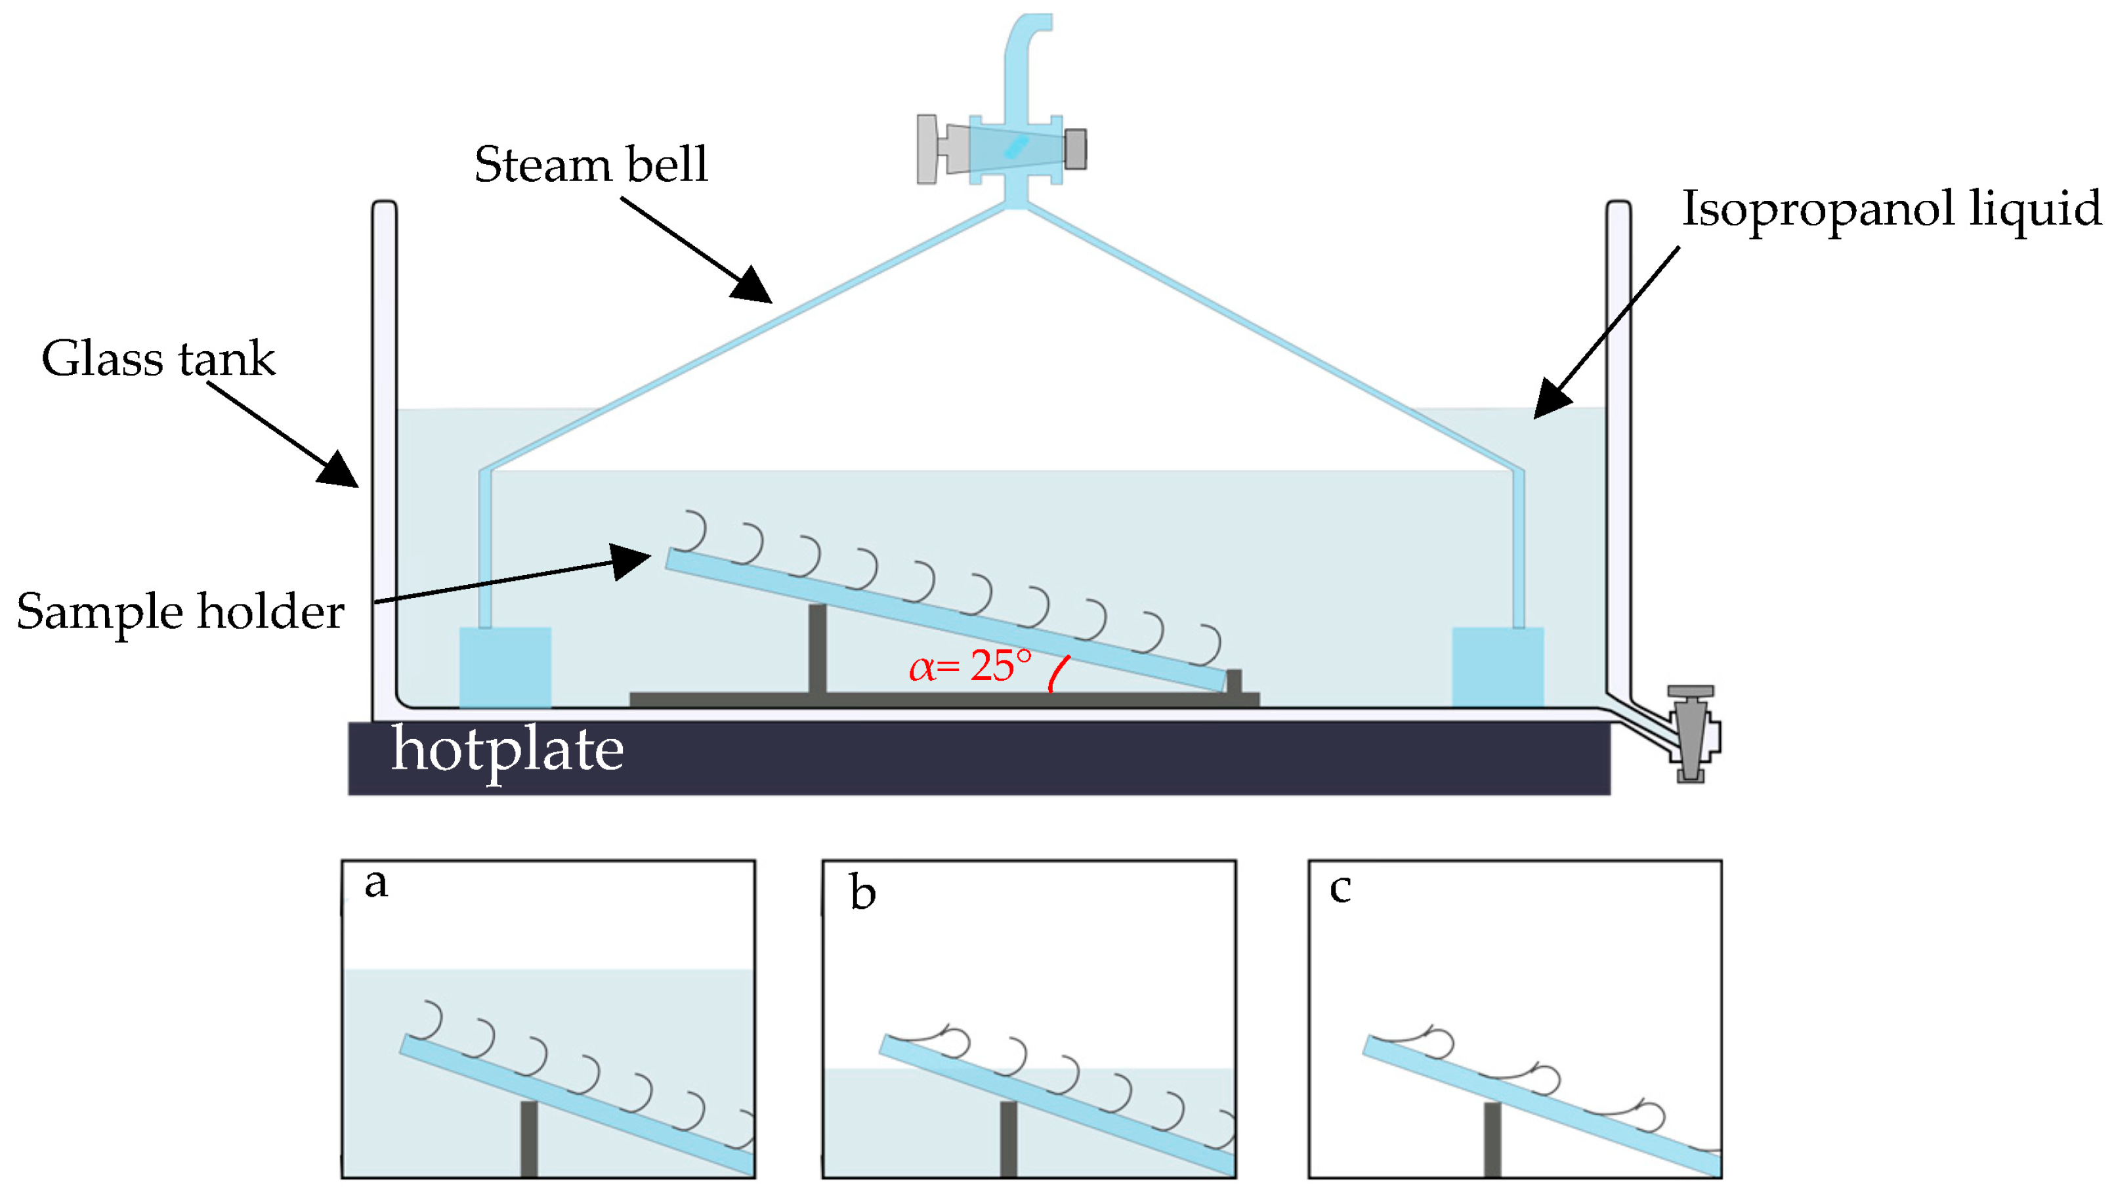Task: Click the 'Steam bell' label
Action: [591, 164]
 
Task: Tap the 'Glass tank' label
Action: [159, 358]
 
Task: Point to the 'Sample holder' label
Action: [180, 612]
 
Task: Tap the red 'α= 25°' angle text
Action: [970, 666]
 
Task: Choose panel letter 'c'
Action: [1340, 889]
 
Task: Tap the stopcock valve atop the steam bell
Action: [1002, 148]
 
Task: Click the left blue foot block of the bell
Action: [505, 668]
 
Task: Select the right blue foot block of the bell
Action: [1498, 667]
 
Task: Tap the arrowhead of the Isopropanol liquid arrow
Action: [1552, 398]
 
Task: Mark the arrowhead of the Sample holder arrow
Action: [631, 561]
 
